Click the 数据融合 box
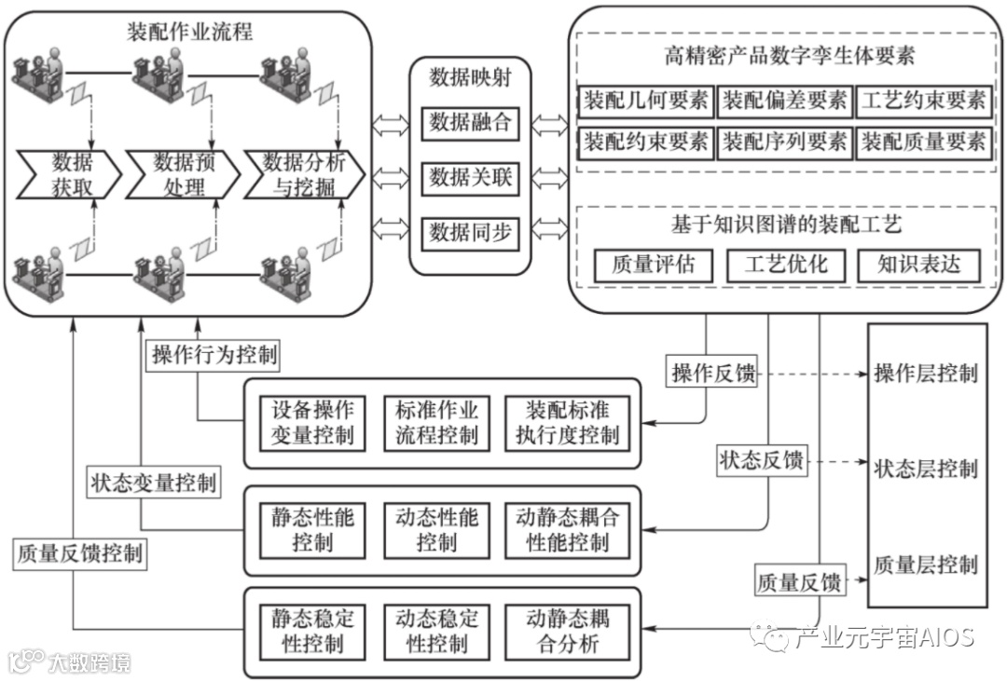pos(470,123)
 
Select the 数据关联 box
pos(470,177)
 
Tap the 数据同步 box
pos(470,234)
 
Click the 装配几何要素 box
pos(645,101)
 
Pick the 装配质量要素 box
pos(922,143)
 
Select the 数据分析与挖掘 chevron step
pos(303,174)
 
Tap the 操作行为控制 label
pos(214,355)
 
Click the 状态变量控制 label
pos(154,483)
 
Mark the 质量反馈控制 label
pos(80,553)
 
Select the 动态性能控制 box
pos(435,529)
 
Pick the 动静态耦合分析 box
pos(567,631)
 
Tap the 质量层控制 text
pos(925,564)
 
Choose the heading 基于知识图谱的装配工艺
pos(786,225)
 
